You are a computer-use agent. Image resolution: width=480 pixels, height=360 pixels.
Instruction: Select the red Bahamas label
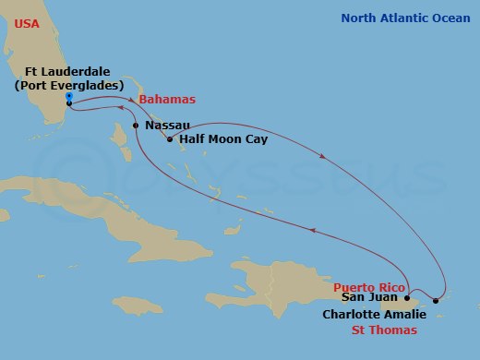pyautogui.click(x=166, y=100)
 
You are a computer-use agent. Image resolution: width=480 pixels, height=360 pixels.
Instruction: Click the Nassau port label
pyautogui.click(x=168, y=125)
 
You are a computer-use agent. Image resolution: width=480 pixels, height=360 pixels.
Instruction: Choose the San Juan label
pyautogui.click(x=369, y=298)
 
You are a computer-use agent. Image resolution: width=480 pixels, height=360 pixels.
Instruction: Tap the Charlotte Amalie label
pyautogui.click(x=374, y=314)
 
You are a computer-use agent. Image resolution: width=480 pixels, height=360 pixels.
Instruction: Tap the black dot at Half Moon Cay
pyautogui.click(x=168, y=139)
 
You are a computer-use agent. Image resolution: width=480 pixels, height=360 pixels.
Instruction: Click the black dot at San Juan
pyautogui.click(x=407, y=299)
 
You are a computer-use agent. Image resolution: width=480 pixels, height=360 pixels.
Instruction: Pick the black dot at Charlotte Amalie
pyautogui.click(x=436, y=301)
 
